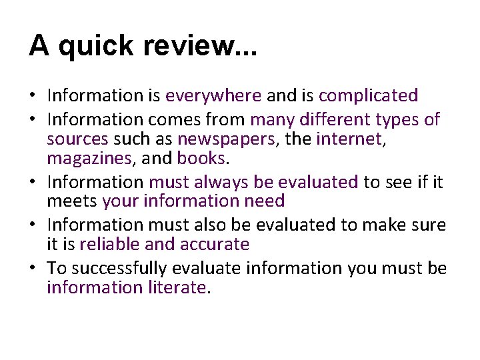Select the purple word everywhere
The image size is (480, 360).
pyautogui.click(x=213, y=96)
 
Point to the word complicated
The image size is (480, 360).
pyautogui.click(x=368, y=96)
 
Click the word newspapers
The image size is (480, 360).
pyautogui.click(x=217, y=139)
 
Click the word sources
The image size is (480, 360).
pyautogui.click(x=77, y=139)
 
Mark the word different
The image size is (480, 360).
pyautogui.click(x=335, y=119)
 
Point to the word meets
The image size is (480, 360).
pyautogui.click(x=72, y=201)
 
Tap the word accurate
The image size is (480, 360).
pyautogui.click(x=215, y=245)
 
